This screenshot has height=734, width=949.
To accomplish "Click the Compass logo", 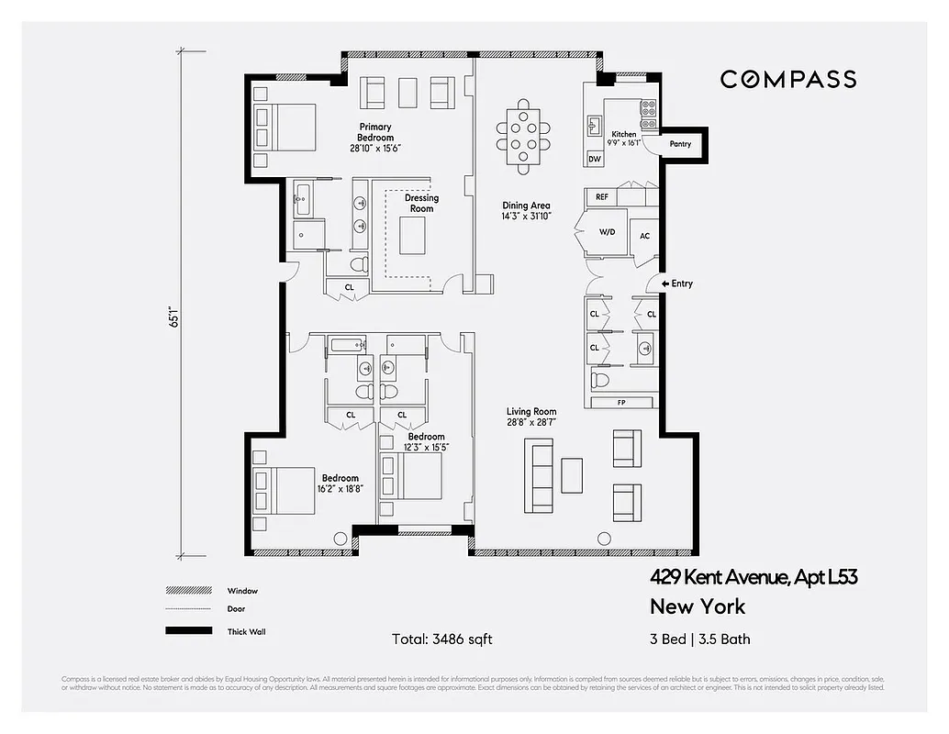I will (x=787, y=80).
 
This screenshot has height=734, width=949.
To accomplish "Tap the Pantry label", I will (x=679, y=144).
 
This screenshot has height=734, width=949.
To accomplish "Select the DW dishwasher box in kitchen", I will (x=595, y=159).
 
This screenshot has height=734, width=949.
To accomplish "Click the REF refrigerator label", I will (x=602, y=197).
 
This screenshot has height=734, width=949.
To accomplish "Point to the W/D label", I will (x=607, y=233).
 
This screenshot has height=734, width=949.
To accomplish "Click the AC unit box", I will (x=644, y=236).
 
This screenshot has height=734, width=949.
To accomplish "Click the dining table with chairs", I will (x=523, y=136).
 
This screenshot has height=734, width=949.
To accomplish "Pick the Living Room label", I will (x=531, y=412).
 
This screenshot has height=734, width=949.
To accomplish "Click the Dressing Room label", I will (x=421, y=203).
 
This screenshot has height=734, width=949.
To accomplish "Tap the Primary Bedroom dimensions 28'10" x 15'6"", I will (x=375, y=148).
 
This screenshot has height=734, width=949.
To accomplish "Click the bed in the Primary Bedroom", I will (x=286, y=127).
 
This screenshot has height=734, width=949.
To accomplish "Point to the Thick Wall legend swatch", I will (x=184, y=631).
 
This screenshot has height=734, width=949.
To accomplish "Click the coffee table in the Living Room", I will (x=571, y=475).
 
